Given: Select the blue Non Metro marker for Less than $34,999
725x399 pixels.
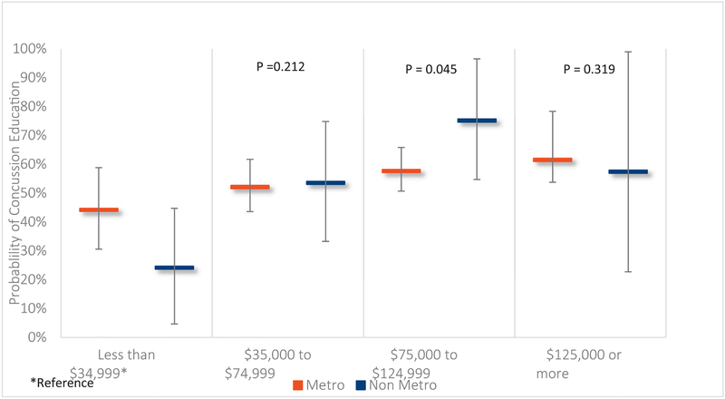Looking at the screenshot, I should click(x=174, y=268).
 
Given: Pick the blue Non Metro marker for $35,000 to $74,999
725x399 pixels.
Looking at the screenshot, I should click(x=325, y=183).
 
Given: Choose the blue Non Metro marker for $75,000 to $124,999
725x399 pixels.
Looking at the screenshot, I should click(x=477, y=121).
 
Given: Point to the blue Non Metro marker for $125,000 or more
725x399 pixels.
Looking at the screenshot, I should click(x=628, y=171).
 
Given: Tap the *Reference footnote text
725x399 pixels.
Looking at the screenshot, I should click(x=61, y=383).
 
